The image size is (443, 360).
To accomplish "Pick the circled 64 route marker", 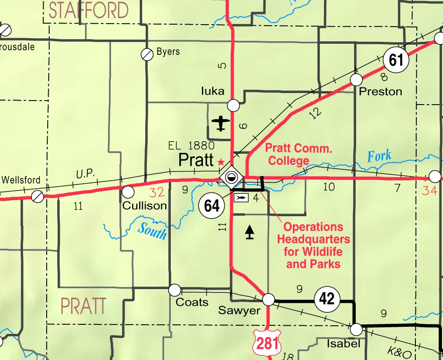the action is (212, 205).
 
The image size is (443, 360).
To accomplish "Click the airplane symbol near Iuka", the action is (220, 123).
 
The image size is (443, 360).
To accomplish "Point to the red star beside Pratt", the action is (220, 162).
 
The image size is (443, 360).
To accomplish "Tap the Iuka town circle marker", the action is (234, 105).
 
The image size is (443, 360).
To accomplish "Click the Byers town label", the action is (168, 51).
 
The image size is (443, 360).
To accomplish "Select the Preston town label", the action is (381, 92).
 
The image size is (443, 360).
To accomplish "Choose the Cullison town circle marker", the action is (128, 192).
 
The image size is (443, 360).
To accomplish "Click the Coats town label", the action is (192, 302).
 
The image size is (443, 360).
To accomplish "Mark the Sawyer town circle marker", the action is (269, 300).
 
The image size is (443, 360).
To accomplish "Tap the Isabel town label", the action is (344, 344).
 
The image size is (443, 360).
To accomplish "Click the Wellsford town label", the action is (21, 179).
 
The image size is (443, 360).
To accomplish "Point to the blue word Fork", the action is (379, 155).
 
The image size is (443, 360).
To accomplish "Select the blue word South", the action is (152, 231).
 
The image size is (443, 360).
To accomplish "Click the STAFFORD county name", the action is (88, 10).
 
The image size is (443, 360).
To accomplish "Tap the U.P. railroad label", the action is (85, 173).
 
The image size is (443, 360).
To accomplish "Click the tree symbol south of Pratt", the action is (249, 231).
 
